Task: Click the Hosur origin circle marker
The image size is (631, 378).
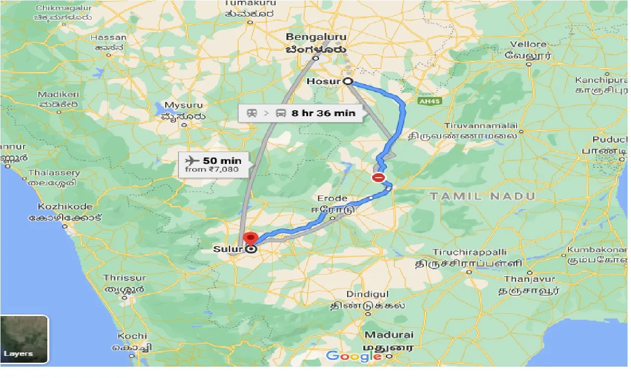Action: pos(348,82)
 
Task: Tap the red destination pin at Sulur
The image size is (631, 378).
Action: pos(251,239)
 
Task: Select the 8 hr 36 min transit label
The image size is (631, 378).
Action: pos(323,113)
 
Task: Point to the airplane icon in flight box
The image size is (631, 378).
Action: pos(191,160)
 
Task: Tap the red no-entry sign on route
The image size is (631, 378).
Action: pos(379,178)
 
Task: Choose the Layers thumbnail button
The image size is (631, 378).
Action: pos(24,340)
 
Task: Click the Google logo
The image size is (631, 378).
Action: pos(353,356)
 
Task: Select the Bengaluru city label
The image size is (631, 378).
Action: pos(316,37)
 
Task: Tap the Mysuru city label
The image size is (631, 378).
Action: pos(184,105)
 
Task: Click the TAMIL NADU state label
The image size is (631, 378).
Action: pos(482,196)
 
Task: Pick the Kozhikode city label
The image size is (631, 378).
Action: pos(65,207)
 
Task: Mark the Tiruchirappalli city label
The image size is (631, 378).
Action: pos(470,252)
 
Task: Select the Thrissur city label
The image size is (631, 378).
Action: pos(124,278)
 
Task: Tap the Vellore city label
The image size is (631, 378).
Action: pos(528,44)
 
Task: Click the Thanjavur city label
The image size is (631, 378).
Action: pos(529,280)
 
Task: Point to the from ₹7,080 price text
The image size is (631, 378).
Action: pos(211,170)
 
